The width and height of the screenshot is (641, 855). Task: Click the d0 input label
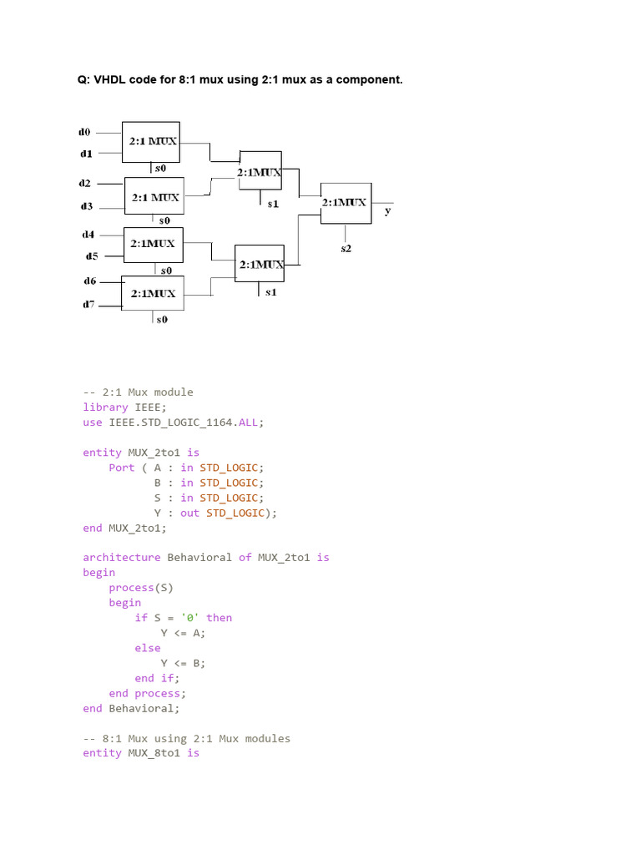[x=83, y=132]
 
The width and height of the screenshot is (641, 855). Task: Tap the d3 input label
[x=86, y=205]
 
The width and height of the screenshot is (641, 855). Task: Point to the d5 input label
[x=91, y=255]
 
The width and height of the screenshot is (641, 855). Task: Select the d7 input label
[x=88, y=305]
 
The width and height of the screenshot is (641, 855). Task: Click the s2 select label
[x=346, y=248]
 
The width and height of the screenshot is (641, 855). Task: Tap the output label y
[x=387, y=211]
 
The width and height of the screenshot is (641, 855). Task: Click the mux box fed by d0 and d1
[x=151, y=142]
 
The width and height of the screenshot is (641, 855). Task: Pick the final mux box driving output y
[x=345, y=203]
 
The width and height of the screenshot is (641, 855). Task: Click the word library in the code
[x=105, y=407]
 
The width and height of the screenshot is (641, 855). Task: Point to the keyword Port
[x=122, y=468]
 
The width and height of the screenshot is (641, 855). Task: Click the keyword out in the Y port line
[x=189, y=513]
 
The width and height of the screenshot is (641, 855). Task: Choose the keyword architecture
[x=121, y=557]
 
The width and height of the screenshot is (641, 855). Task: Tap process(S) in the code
[x=141, y=588]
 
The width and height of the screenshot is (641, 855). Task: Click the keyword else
[x=147, y=648]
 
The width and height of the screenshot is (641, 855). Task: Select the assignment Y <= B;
[x=183, y=663]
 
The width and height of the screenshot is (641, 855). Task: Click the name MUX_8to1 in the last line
[x=154, y=753]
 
